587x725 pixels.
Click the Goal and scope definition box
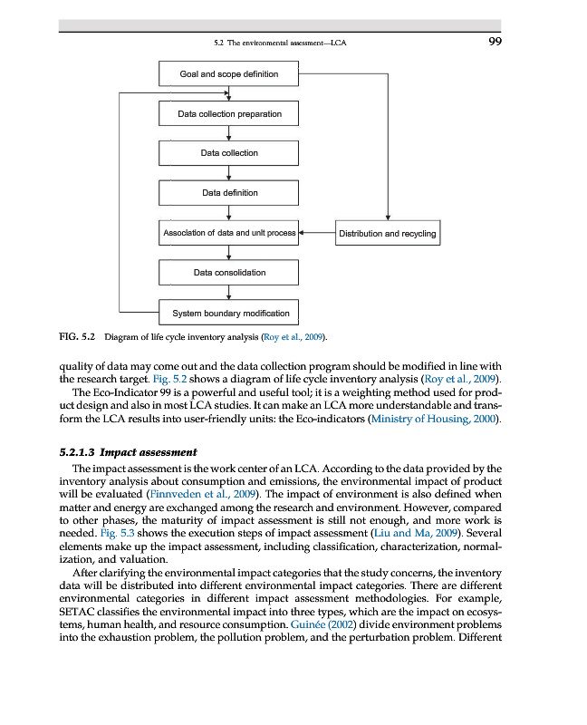pyautogui.click(x=228, y=73)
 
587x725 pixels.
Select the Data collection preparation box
pyautogui.click(x=228, y=114)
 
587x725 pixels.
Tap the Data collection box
pyautogui.click(x=228, y=153)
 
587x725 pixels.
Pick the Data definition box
pyautogui.click(x=228, y=193)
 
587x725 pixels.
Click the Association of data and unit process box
pyautogui.click(x=228, y=233)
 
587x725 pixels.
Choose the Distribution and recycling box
pyautogui.click(x=387, y=233)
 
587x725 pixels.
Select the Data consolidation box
pyautogui.click(x=228, y=273)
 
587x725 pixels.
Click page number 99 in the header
pyautogui.click(x=494, y=42)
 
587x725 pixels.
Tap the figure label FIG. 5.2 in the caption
pyautogui.click(x=77, y=337)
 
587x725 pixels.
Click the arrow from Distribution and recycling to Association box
pyautogui.click(x=317, y=233)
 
